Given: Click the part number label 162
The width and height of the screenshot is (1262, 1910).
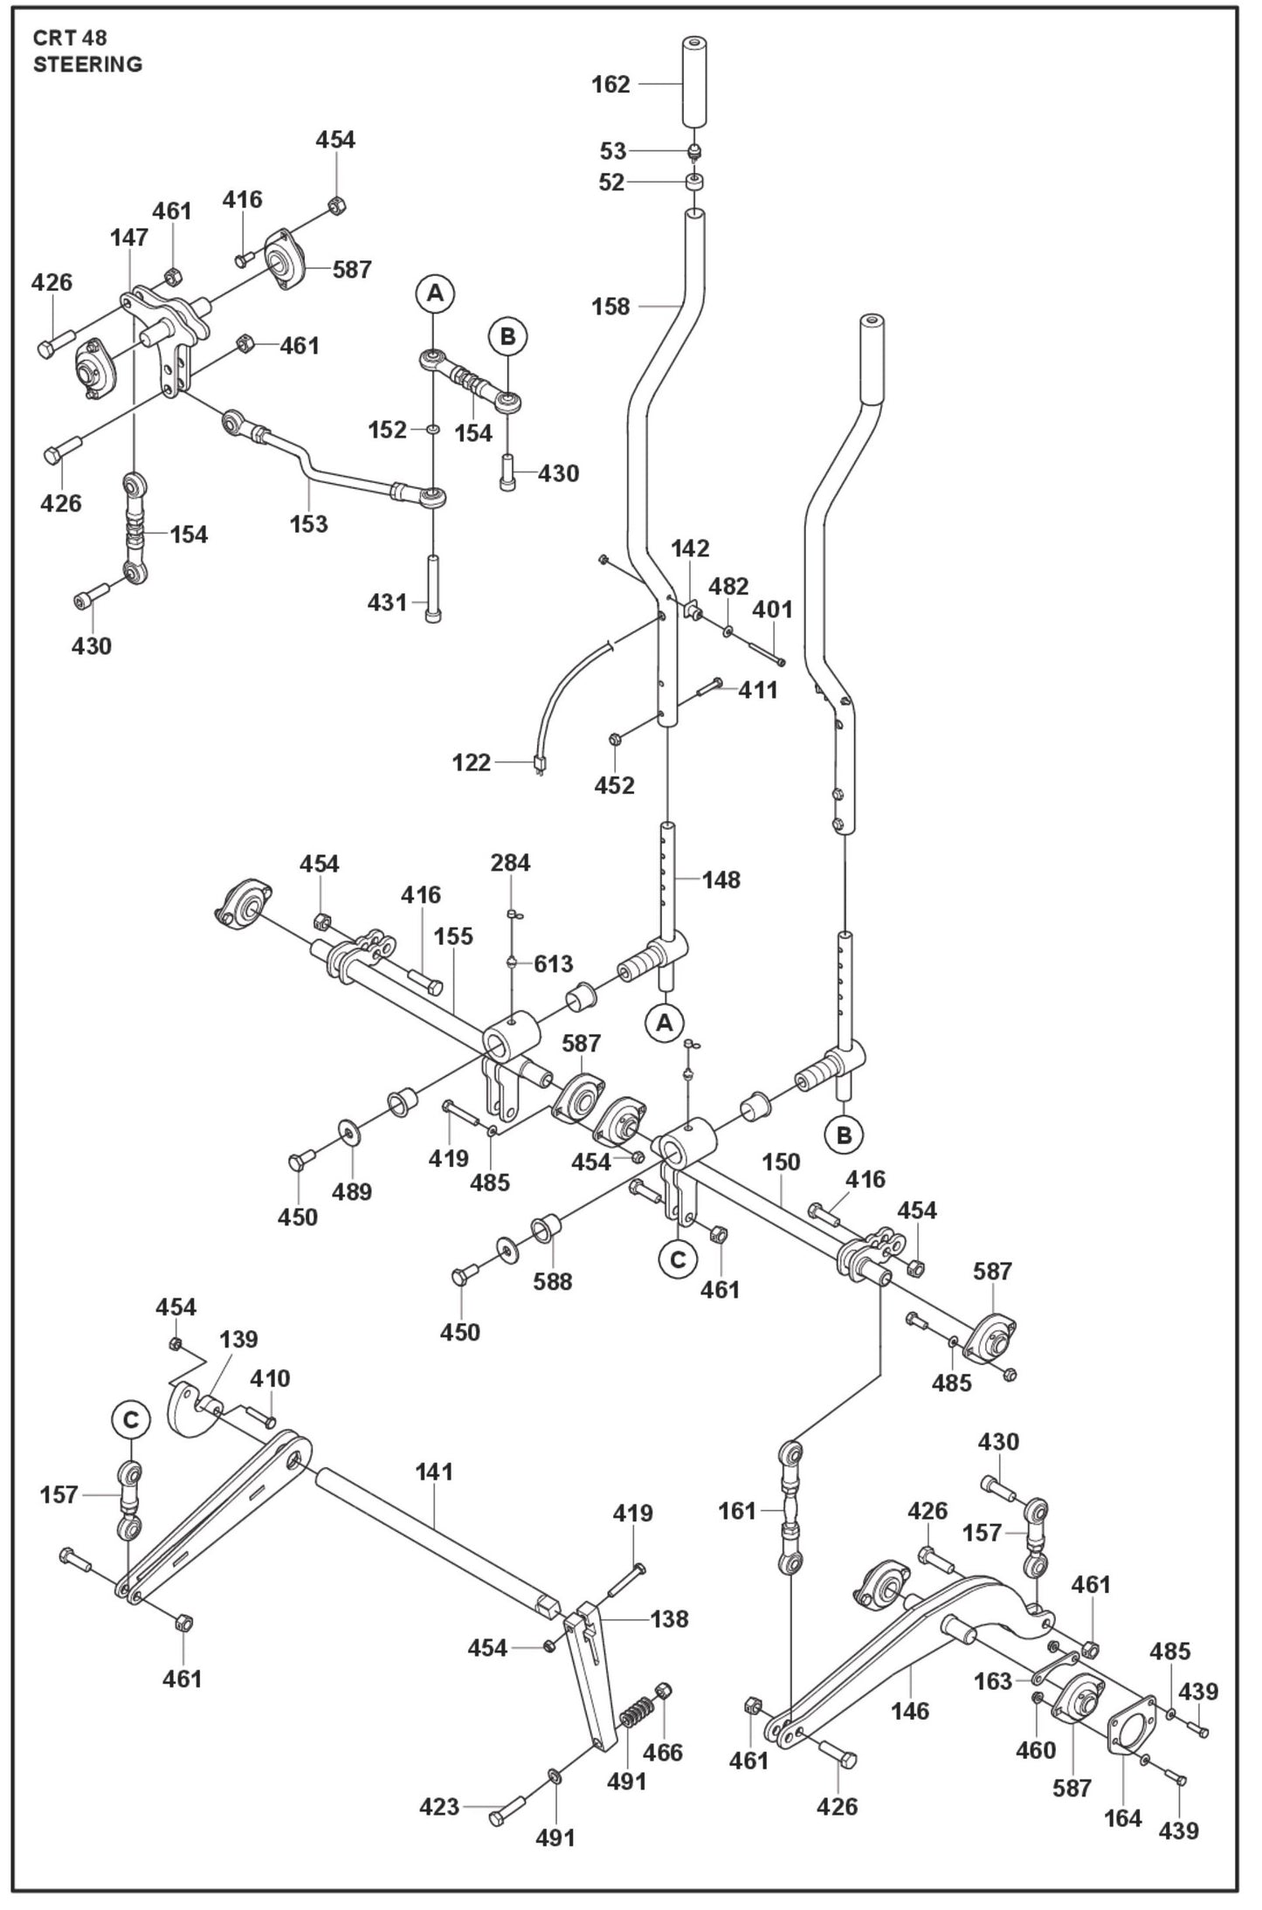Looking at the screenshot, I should [x=610, y=85].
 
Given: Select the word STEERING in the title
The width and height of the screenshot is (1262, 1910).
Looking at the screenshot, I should [x=87, y=65].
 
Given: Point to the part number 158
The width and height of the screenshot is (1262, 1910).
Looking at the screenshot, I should [x=610, y=307].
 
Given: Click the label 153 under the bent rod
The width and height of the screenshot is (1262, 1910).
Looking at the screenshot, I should [x=309, y=524].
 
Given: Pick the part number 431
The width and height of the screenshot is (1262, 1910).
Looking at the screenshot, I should [x=388, y=603].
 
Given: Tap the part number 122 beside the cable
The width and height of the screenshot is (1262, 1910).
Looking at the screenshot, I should [x=472, y=762].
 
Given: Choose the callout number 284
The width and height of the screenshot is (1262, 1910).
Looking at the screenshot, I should [x=510, y=863].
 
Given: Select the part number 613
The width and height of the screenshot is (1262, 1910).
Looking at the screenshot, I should [x=554, y=963].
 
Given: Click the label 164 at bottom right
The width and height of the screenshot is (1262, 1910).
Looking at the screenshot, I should [x=1123, y=1818].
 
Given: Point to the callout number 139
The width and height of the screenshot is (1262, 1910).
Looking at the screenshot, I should [x=239, y=1339].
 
